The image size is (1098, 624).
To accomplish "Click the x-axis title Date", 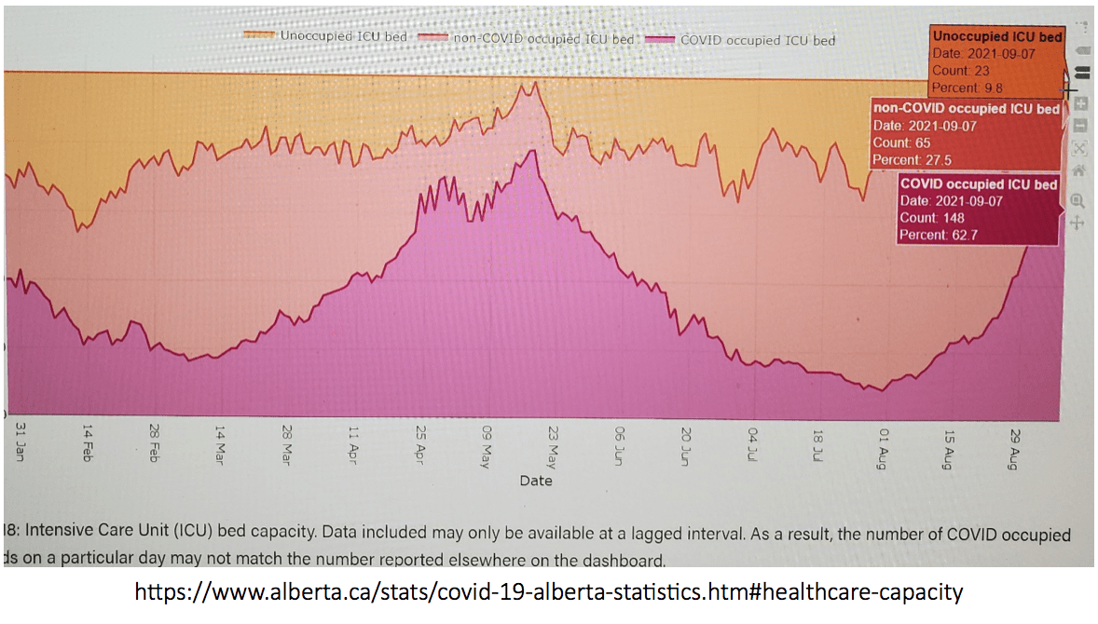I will [536, 481].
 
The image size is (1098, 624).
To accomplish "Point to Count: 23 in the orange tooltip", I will [960, 70].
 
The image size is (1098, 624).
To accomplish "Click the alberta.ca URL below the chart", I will [549, 591].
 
